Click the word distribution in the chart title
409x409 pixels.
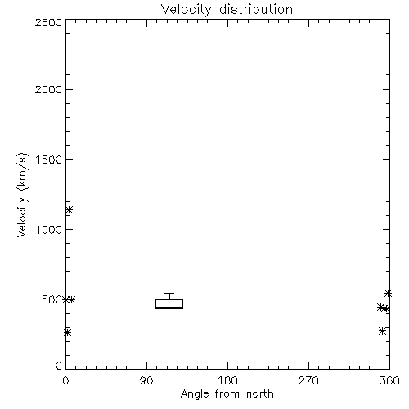click(256, 9)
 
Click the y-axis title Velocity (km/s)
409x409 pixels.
click(22, 195)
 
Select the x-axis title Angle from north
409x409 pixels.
click(227, 394)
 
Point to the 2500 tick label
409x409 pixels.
click(48, 22)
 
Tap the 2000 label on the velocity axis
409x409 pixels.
click(48, 89)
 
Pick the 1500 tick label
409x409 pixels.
click(49, 160)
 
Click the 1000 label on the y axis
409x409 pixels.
click(49, 229)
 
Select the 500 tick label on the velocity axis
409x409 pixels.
click(52, 299)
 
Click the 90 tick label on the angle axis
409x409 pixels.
click(146, 380)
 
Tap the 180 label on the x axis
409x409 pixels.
click(227, 380)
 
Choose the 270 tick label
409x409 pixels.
click(308, 380)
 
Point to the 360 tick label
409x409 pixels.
click(389, 380)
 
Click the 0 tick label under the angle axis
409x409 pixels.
click(65, 380)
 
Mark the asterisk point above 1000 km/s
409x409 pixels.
click(70, 209)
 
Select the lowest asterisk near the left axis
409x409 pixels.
click(67, 332)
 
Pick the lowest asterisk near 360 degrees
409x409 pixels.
click(382, 331)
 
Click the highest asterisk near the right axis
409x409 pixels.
click(388, 294)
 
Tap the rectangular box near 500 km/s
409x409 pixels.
click(169, 304)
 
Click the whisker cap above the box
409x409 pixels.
click(169, 294)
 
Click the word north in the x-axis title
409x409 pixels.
click(260, 394)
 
